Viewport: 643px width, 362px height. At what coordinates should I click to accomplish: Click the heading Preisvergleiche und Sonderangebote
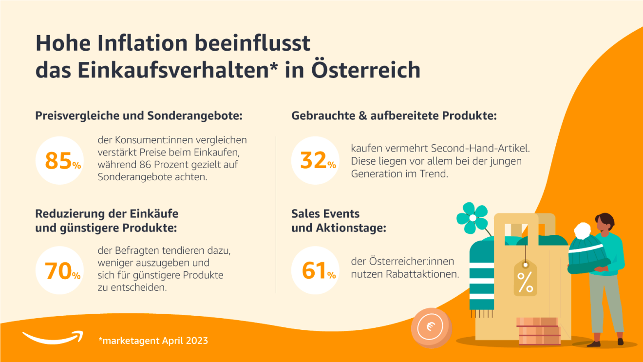139,116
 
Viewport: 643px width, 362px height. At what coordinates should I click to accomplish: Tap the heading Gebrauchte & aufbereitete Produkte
394,116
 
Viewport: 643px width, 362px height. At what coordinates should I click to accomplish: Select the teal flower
472,217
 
